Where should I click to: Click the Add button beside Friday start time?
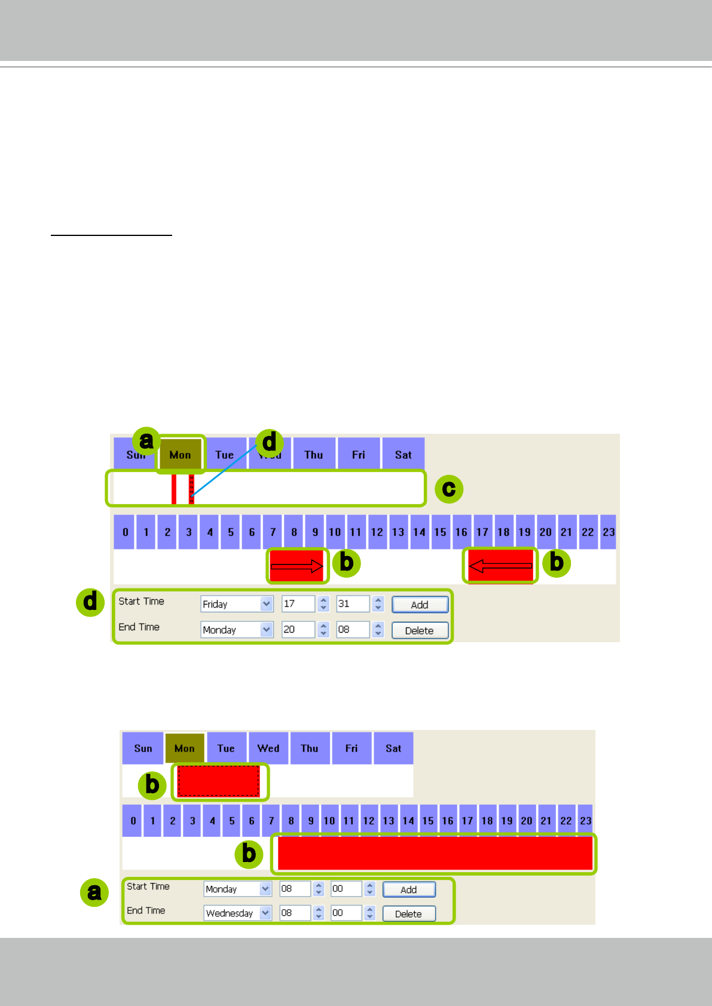click(420, 605)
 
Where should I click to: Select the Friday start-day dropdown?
click(237, 604)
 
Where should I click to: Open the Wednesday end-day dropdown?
click(237, 913)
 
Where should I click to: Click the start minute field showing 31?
click(352, 604)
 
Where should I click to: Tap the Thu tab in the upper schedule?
click(314, 455)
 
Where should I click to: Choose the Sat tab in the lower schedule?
click(393, 749)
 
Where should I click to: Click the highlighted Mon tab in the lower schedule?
click(185, 749)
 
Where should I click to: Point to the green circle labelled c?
click(449, 489)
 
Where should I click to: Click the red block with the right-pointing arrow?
click(297, 565)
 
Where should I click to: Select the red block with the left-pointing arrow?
click(500, 565)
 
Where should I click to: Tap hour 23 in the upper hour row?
click(609, 532)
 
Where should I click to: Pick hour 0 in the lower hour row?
click(133, 821)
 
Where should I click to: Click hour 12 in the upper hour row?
click(377, 532)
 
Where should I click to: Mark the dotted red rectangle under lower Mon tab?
click(219, 781)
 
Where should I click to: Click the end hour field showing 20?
click(297, 630)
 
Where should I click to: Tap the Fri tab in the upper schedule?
click(359, 455)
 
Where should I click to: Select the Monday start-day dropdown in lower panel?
click(237, 889)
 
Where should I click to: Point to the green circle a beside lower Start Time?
click(94, 892)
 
